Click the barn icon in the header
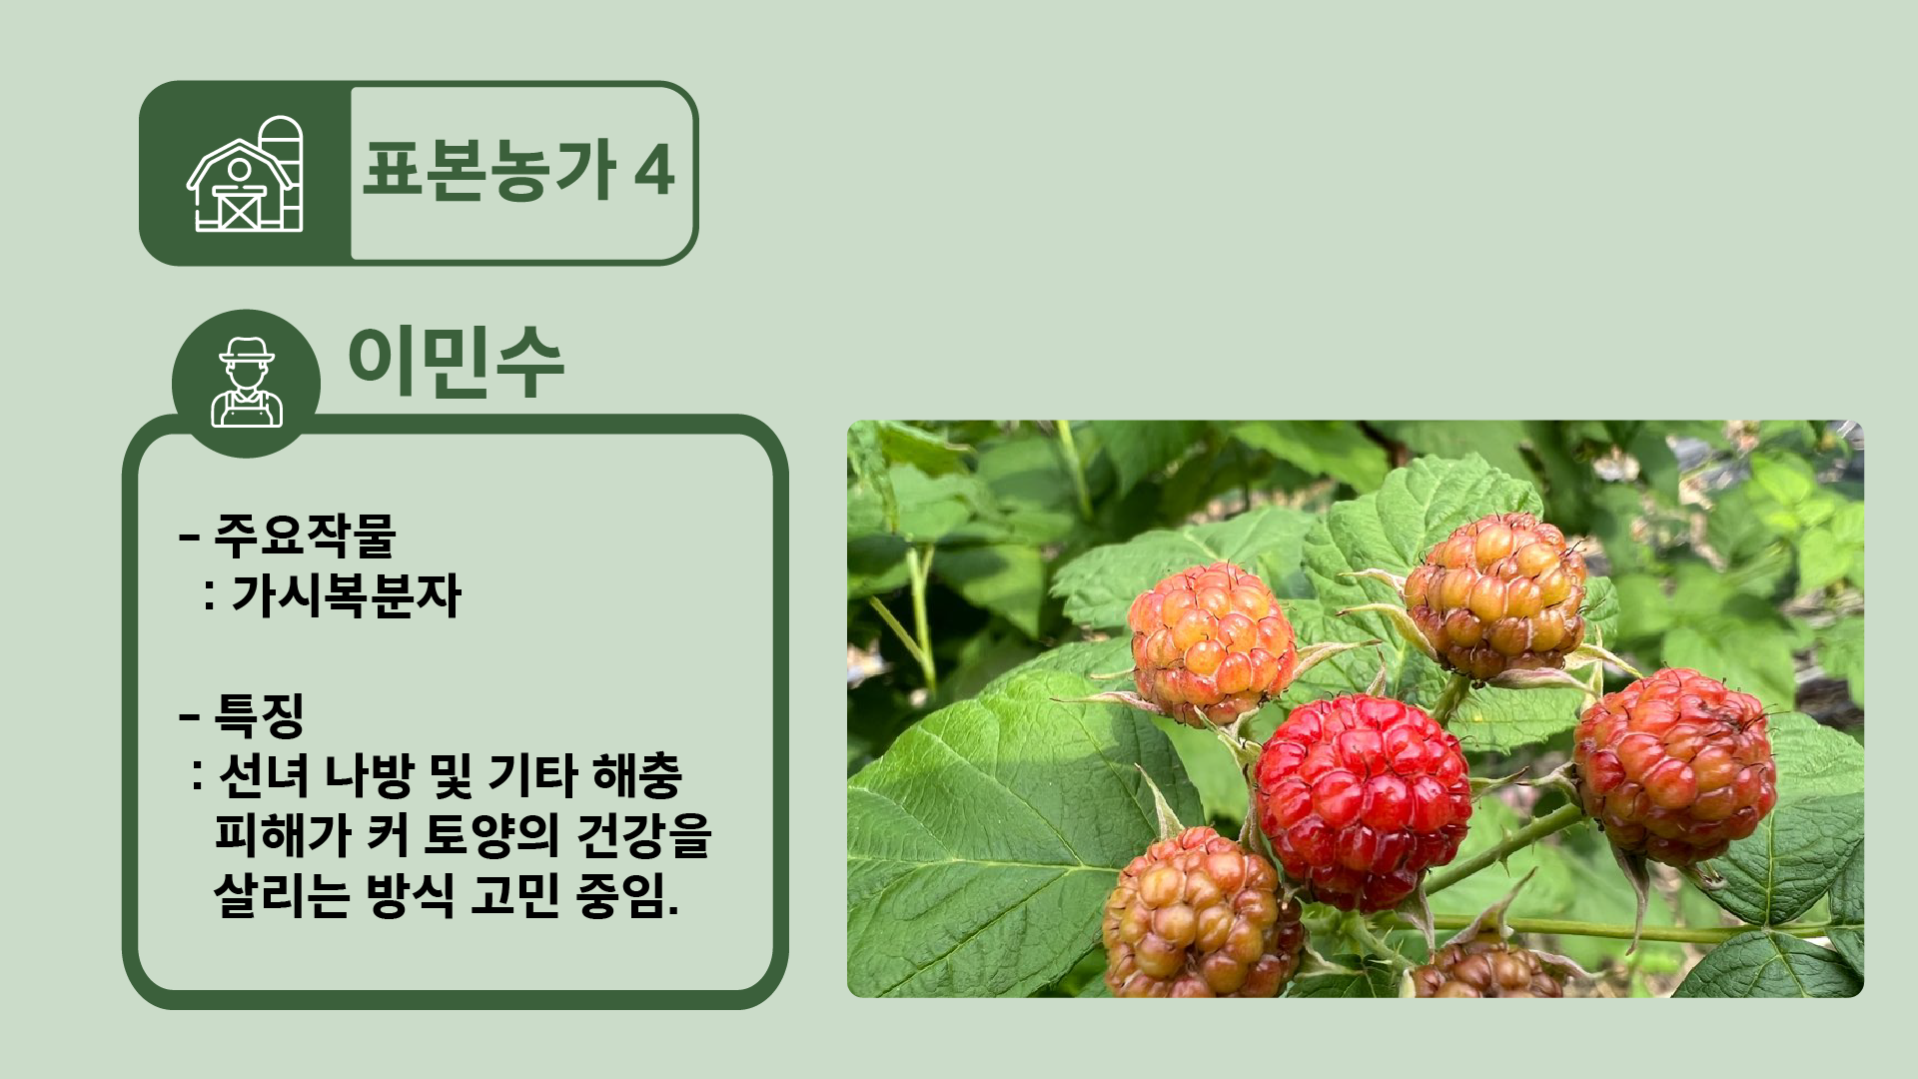[245, 174]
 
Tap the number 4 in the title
[654, 171]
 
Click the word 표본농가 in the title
[489, 171]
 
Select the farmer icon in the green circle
[247, 383]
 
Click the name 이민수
[456, 362]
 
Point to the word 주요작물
[306, 536]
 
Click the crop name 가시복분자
[347, 595]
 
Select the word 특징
[259, 714]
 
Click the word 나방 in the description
[369, 775]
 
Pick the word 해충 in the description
[637, 775]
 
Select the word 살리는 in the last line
[282, 895]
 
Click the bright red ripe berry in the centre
[1363, 802]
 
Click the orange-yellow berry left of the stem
[1212, 643]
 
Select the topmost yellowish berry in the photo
[1495, 596]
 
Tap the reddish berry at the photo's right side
[1675, 766]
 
